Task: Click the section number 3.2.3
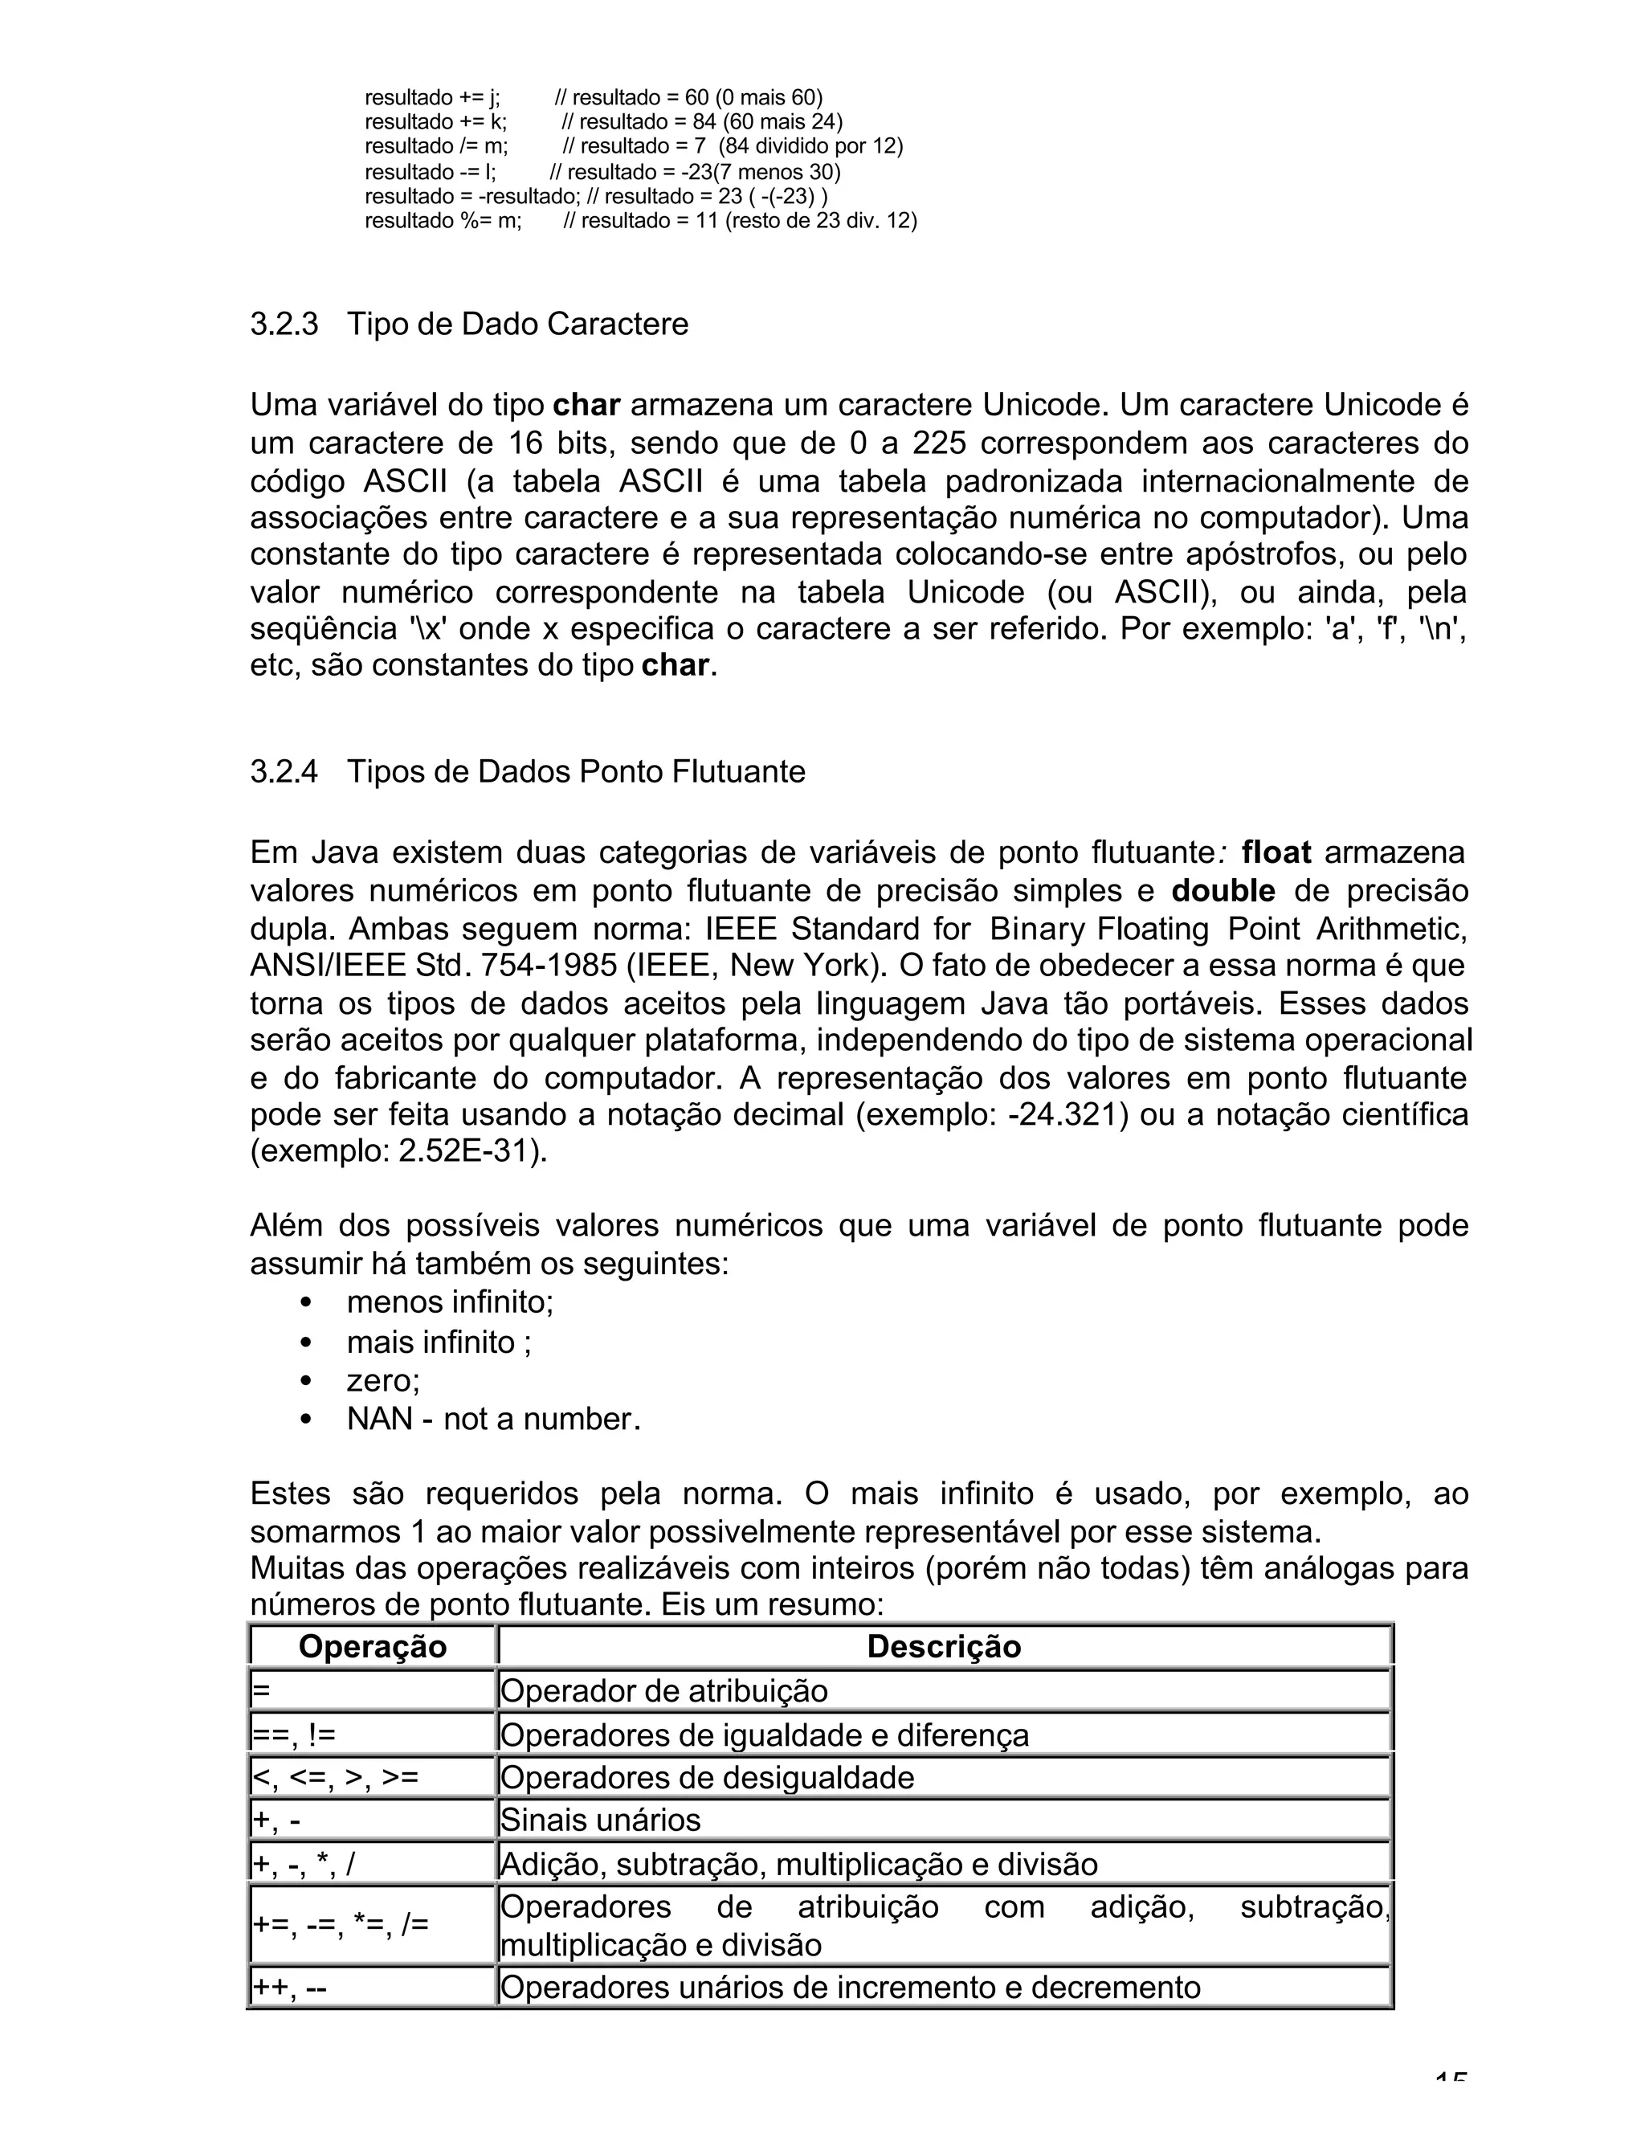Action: [x=284, y=324]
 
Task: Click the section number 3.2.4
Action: [x=284, y=771]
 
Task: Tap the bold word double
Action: [x=1223, y=890]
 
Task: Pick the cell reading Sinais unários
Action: [x=600, y=1820]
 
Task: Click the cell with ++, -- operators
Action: [x=289, y=1988]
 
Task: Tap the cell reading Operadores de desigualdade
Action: [x=707, y=1777]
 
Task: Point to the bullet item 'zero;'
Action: [x=383, y=1380]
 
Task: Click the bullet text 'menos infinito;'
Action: [x=449, y=1302]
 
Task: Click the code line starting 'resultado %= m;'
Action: [x=443, y=220]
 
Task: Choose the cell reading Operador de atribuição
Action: [x=663, y=1690]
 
